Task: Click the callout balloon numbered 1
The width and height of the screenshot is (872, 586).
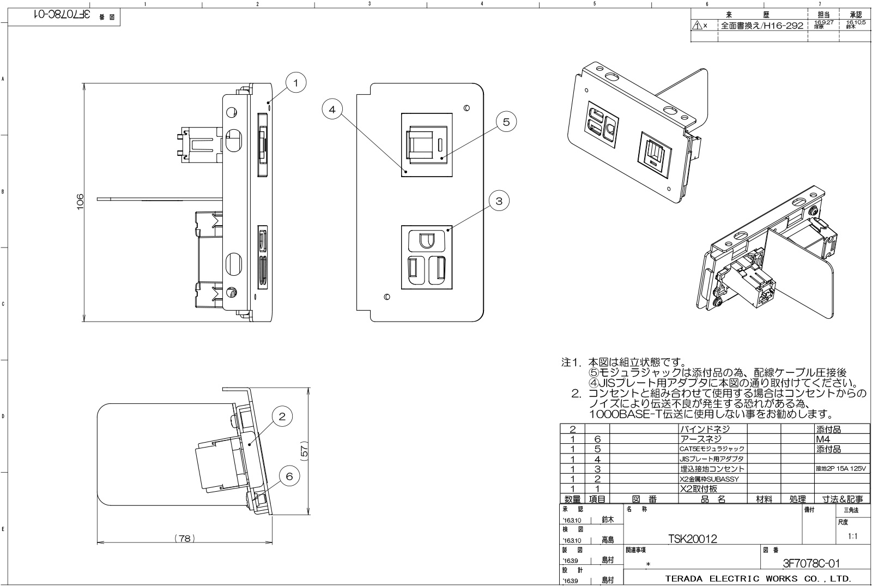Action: (295, 83)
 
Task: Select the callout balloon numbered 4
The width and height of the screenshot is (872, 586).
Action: (332, 109)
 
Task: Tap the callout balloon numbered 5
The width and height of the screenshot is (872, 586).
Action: (506, 122)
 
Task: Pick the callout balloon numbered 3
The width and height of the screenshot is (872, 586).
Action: (499, 201)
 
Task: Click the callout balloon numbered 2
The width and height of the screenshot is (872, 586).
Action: (282, 417)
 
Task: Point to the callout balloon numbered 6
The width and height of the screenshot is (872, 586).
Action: (289, 476)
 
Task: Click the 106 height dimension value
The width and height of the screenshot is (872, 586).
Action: (80, 202)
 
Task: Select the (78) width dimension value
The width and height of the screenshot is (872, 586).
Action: (185, 538)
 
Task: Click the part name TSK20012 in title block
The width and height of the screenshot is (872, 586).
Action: (692, 539)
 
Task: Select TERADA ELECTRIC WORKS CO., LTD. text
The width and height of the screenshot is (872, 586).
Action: (758, 578)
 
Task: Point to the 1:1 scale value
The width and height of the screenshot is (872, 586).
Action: (853, 536)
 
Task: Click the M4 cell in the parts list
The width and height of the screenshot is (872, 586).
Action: (823, 438)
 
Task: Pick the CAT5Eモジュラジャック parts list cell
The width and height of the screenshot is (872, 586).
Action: (712, 449)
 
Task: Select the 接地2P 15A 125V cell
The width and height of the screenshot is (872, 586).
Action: (840, 468)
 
